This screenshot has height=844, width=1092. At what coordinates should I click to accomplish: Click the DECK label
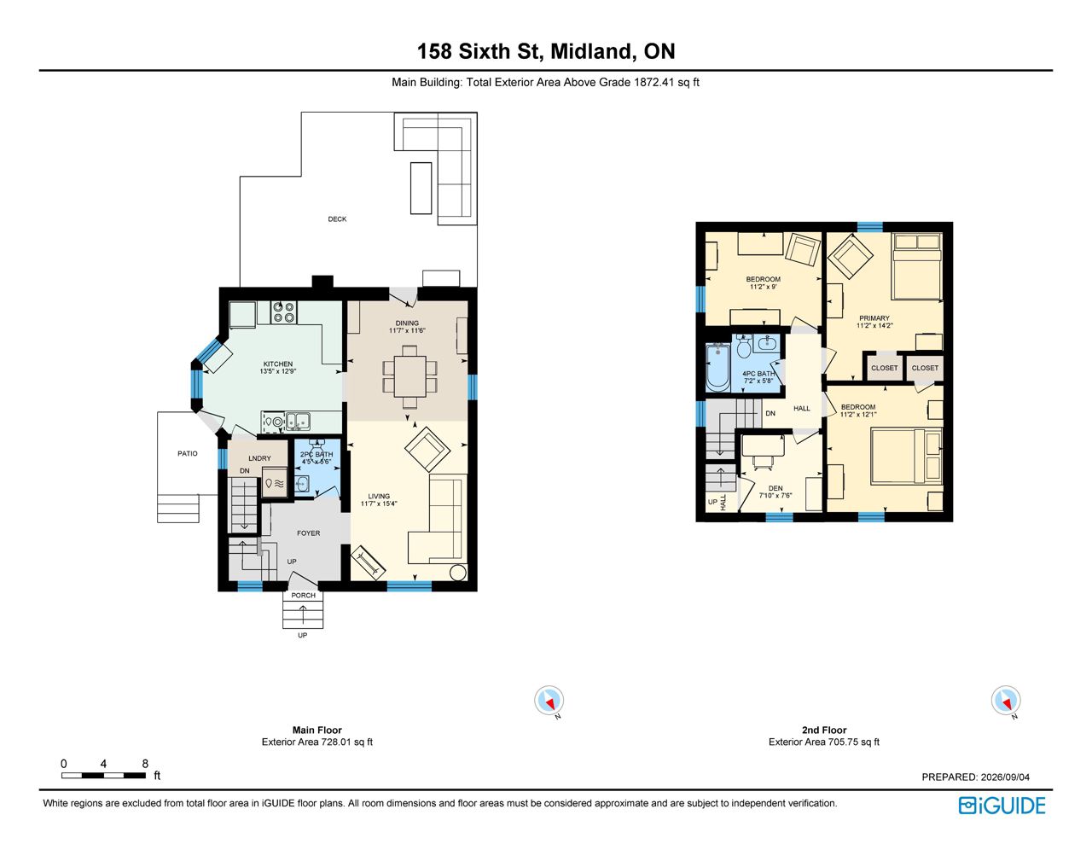coord(337,219)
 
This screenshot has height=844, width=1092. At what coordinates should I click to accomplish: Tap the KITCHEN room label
coord(278,364)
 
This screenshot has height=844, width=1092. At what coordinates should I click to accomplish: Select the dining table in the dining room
coord(409,376)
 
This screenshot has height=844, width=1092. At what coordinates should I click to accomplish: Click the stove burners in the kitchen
coord(283,311)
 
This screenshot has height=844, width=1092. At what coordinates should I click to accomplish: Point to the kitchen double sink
coord(298,422)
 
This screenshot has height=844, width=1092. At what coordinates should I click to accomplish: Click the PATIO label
coord(188,453)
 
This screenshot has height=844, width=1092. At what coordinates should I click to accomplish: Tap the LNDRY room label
coord(259,458)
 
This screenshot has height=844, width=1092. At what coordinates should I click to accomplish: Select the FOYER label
coord(309,533)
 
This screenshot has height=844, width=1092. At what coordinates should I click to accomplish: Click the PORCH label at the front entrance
coord(304,595)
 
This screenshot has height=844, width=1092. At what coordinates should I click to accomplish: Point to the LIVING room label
coord(379,496)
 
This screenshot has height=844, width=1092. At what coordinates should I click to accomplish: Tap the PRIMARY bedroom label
coord(874,318)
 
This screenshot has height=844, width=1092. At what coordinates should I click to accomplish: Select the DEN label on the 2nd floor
coord(775,488)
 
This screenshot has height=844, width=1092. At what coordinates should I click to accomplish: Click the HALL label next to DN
coord(802,408)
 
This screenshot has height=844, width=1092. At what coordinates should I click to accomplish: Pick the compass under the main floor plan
coord(549,701)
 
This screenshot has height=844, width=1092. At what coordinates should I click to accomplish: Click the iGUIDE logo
coord(1002,806)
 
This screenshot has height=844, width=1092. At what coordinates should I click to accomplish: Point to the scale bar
coord(103,776)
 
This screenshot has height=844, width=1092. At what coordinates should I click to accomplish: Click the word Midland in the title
coord(590,51)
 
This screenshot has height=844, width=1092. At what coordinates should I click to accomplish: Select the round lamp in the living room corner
coord(458,573)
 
